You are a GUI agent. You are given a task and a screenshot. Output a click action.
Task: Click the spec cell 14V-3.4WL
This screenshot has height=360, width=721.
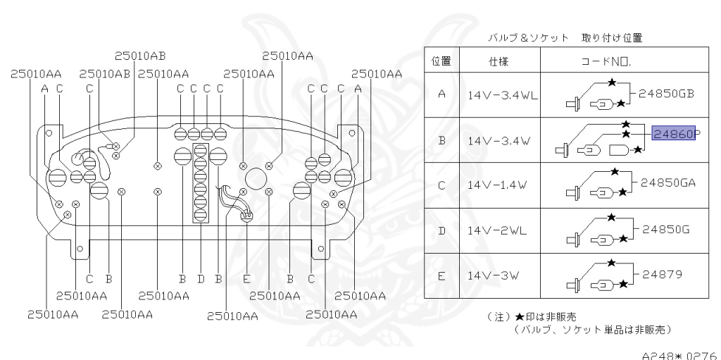501,95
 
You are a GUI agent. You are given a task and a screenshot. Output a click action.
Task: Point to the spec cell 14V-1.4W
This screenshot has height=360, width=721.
497,185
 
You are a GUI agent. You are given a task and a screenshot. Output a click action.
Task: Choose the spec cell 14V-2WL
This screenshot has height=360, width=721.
496,230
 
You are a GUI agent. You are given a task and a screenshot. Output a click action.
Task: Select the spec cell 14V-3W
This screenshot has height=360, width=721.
492,275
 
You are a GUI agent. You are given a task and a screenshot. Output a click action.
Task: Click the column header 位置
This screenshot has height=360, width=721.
440,61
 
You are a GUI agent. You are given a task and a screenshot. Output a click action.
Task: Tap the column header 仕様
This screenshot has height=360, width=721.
498,61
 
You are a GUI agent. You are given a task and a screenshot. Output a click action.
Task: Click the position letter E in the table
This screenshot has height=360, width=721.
440,275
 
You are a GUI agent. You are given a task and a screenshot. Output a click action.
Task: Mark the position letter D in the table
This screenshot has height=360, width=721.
440,230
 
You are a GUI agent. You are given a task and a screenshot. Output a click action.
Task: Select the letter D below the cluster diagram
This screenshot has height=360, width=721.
201,279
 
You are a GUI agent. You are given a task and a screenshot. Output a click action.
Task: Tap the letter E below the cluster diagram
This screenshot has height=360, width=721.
246,279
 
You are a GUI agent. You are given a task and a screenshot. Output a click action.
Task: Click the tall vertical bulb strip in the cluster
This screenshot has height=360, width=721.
200,183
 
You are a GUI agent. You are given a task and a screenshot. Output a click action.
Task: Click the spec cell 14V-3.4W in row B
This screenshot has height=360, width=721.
497,140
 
